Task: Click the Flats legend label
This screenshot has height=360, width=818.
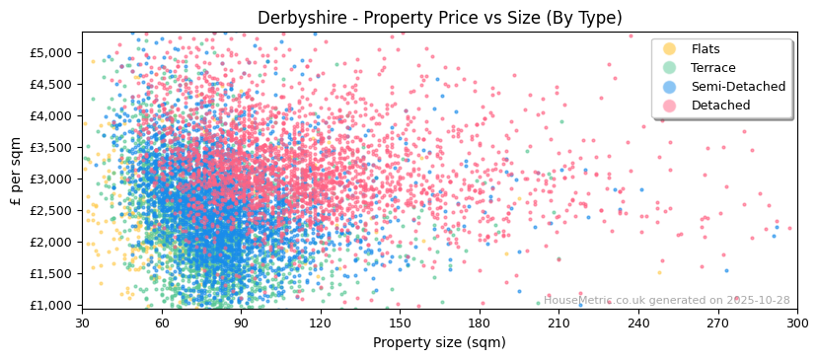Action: coord(706,49)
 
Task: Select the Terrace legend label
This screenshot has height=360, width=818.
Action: coord(712,68)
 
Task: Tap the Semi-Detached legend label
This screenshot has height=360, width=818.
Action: coord(738,87)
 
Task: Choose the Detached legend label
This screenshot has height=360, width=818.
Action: coord(720,106)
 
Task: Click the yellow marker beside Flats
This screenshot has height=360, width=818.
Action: coord(670,49)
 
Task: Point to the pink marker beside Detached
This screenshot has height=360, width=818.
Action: coord(670,106)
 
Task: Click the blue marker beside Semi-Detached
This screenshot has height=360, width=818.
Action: coord(670,87)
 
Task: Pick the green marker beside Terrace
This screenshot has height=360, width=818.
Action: coord(670,68)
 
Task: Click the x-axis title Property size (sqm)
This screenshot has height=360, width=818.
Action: coord(439,343)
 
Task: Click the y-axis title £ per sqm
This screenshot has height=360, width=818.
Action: coord(16,171)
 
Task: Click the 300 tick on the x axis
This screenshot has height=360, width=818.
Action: coord(797,323)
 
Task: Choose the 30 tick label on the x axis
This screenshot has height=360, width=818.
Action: coord(83,323)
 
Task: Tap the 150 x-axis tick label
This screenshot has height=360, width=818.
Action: coord(400,323)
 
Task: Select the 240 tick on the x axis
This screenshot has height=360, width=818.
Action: coord(638,323)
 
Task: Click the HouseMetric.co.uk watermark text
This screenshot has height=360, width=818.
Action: coord(666,300)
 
